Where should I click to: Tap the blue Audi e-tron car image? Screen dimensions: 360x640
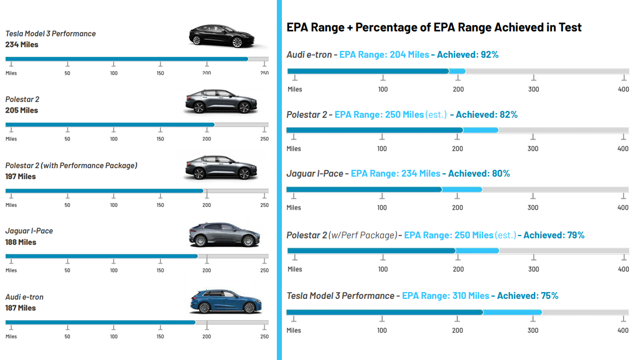(222, 301)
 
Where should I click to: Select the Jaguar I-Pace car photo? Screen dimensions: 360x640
(222, 234)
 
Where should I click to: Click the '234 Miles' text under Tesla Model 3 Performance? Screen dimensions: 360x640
(22, 44)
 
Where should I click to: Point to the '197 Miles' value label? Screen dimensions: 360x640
(20, 176)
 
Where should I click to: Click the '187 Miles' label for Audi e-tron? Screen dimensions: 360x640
(20, 308)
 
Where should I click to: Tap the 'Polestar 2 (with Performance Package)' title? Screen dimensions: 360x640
(71, 165)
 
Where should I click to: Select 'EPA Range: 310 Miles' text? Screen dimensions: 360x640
(446, 296)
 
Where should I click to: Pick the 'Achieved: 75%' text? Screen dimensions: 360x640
(527, 296)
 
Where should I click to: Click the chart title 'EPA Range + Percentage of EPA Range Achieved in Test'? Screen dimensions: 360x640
(434, 27)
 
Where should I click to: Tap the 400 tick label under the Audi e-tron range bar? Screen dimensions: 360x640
(623, 90)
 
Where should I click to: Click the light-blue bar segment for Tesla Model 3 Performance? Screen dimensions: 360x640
(512, 312)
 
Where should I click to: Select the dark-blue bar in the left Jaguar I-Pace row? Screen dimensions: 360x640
(101, 256)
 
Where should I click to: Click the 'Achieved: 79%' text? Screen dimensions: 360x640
(554, 236)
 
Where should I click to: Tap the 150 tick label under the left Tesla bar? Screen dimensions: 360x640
(160, 73)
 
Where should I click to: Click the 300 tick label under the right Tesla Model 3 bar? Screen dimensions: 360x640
(533, 331)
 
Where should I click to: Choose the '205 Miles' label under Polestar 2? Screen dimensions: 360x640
(21, 110)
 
